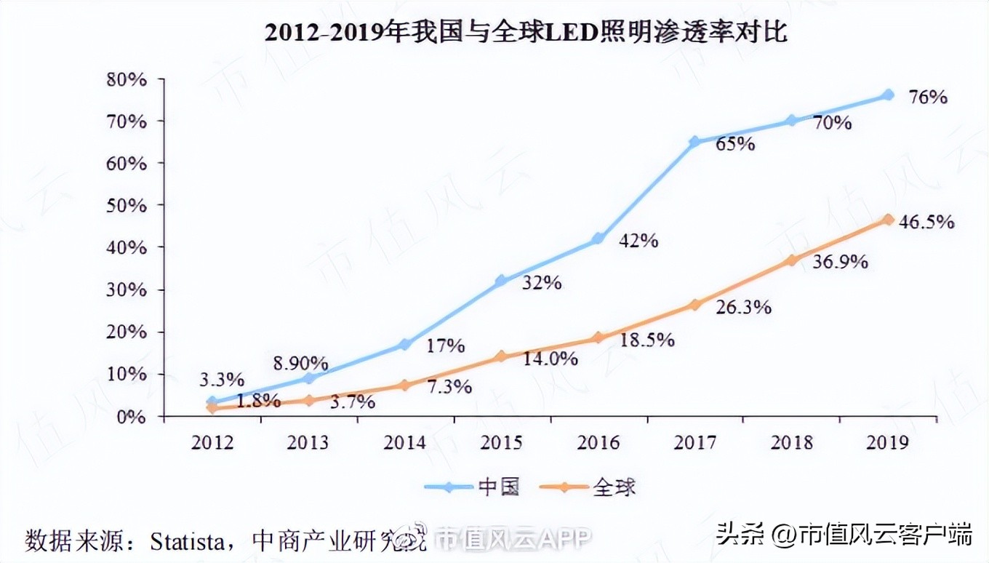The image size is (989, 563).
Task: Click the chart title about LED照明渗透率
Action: (x=525, y=31)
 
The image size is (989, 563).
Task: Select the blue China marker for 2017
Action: (x=694, y=142)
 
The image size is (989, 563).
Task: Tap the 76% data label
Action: (x=928, y=97)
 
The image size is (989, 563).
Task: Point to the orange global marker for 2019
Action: (x=888, y=220)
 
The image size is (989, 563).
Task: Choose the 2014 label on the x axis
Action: (x=404, y=442)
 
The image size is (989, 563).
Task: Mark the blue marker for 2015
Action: (x=500, y=281)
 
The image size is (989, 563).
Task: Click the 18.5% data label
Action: (x=646, y=339)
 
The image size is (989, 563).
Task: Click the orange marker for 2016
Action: (x=598, y=338)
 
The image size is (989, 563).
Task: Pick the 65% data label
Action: (x=734, y=144)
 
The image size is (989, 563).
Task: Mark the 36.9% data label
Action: (x=840, y=262)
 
